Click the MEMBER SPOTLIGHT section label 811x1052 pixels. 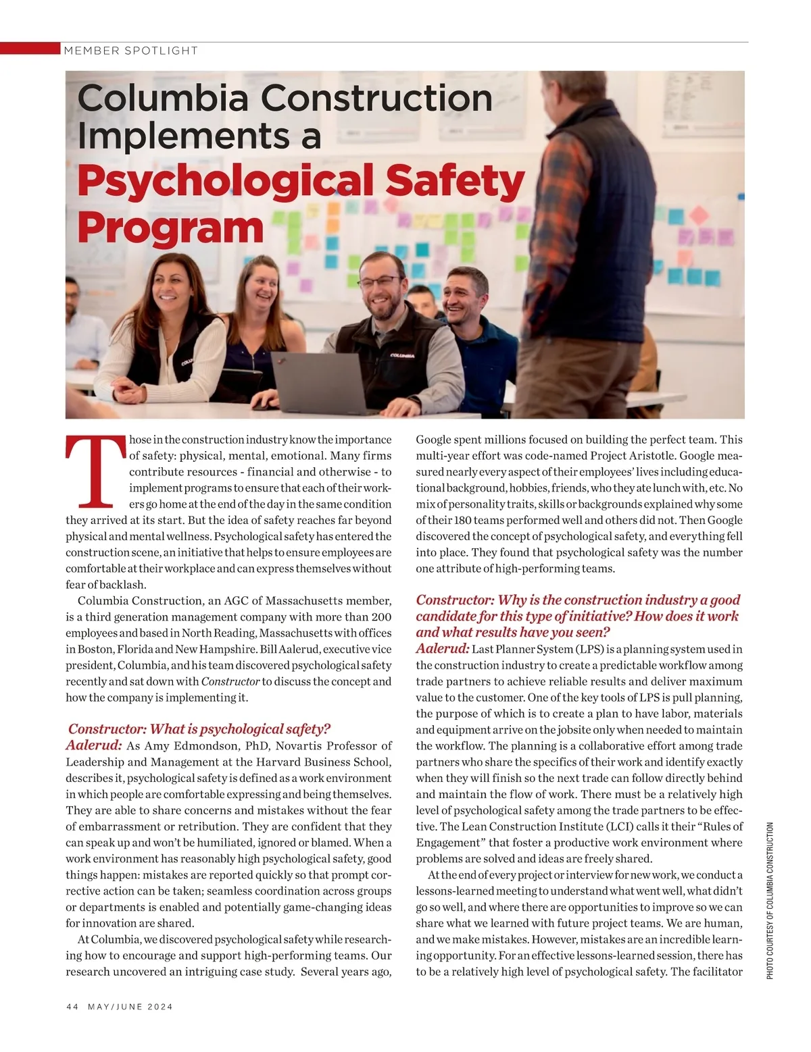130,51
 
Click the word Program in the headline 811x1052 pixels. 170,228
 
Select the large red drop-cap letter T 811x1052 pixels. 95,471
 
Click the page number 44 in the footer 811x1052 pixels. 72,1006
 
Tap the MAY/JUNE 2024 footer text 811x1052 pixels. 130,1006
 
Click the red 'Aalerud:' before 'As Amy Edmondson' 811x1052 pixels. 94,745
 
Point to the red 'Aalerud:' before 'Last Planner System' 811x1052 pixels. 443,649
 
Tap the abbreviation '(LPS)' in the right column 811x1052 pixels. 594,650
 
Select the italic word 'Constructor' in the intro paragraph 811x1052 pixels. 230,681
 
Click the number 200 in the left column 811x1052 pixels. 381,616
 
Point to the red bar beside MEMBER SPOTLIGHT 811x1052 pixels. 30,49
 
